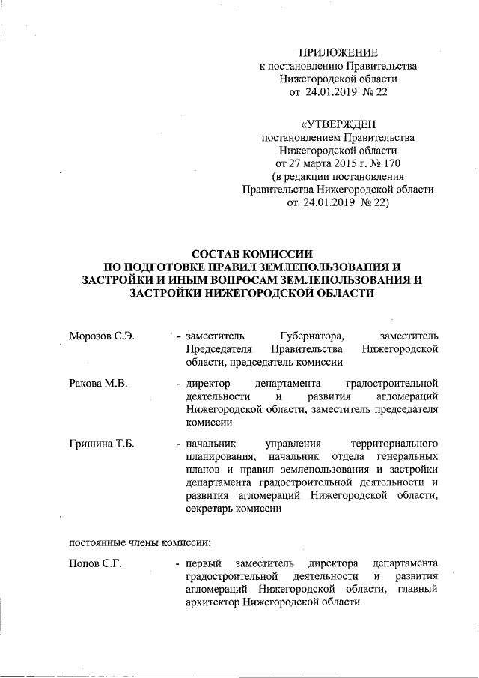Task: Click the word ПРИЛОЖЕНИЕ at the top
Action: click(x=338, y=52)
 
